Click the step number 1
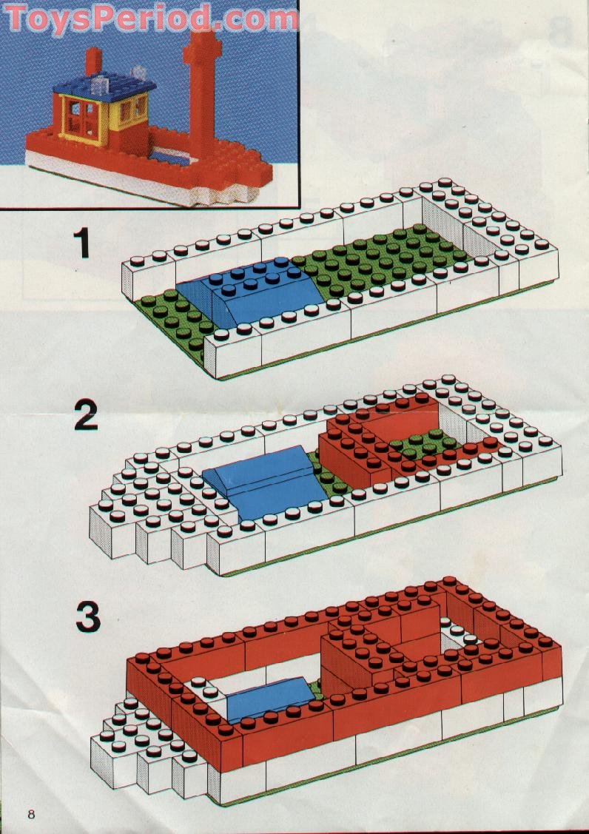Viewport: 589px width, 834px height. (x=82, y=242)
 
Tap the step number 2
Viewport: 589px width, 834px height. (x=86, y=415)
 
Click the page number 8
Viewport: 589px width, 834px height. (x=31, y=814)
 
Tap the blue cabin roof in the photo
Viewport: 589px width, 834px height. (x=104, y=86)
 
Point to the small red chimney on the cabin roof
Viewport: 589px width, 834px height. (x=93, y=61)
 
